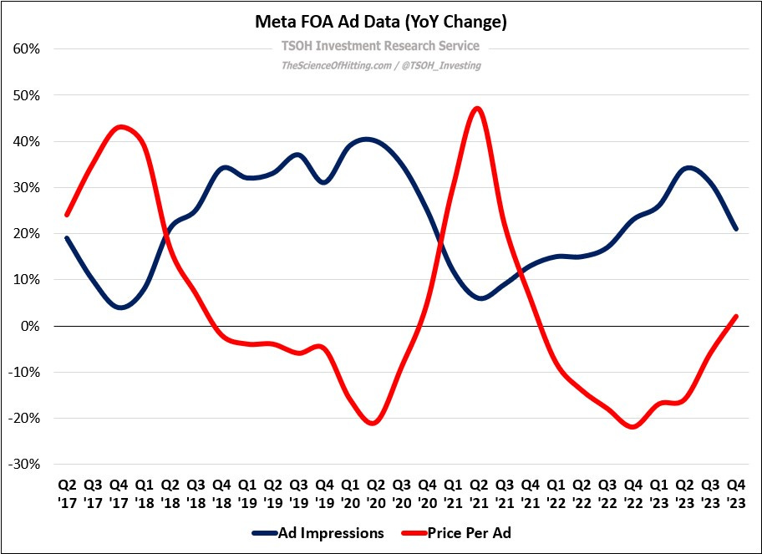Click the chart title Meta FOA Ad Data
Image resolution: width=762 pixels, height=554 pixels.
[x=380, y=23]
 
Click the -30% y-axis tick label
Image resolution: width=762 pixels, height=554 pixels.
[x=25, y=464]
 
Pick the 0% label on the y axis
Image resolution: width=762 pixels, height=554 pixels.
[x=31, y=326]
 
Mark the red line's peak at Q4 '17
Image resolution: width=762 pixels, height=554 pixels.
[x=120, y=127]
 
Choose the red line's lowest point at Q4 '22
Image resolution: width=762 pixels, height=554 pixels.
[x=633, y=427]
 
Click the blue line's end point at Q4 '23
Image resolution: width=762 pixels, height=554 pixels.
[x=735, y=229]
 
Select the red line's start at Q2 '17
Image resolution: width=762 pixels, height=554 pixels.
[x=67, y=215]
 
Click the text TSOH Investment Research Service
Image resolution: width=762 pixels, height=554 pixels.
[x=380, y=47]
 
